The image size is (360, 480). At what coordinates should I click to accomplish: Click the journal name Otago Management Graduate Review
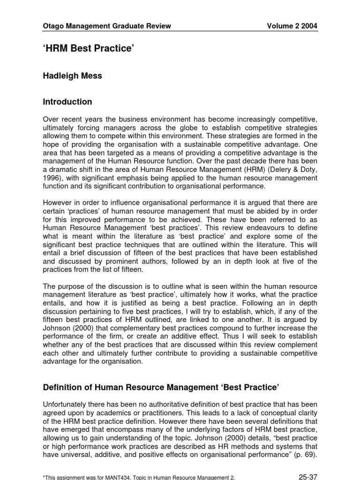pyautogui.click(x=106, y=26)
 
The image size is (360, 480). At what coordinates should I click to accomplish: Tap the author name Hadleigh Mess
pyautogui.click(x=73, y=75)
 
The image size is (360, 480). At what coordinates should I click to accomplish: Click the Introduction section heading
pyautogui.click(x=67, y=102)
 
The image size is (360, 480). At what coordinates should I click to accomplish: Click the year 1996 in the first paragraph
pyautogui.click(x=52, y=178)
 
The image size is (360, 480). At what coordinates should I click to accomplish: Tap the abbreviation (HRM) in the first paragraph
pyautogui.click(x=243, y=170)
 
